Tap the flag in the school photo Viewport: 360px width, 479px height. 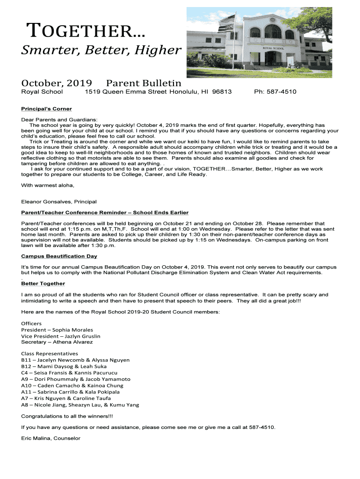(228, 22)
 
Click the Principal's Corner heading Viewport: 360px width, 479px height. (47, 109)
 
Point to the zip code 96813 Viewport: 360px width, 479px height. (222, 92)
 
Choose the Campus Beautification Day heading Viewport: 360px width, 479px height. (59, 256)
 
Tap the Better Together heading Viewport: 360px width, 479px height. (43, 283)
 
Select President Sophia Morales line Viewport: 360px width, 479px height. (57, 330)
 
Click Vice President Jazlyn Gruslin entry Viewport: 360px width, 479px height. (61, 336)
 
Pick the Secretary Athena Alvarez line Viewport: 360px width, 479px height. (57, 342)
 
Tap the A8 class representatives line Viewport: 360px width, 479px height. (80, 405)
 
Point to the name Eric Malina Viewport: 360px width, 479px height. (36, 438)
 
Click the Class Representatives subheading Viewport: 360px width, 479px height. (50, 354)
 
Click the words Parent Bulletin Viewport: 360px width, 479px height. (144, 82)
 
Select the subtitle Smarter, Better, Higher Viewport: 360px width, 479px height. (101, 50)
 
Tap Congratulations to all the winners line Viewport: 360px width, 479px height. (67, 416)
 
